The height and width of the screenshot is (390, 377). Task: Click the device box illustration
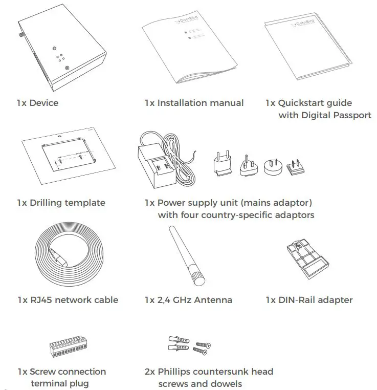click(x=61, y=49)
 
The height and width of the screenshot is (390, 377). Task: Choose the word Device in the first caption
click(x=44, y=103)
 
